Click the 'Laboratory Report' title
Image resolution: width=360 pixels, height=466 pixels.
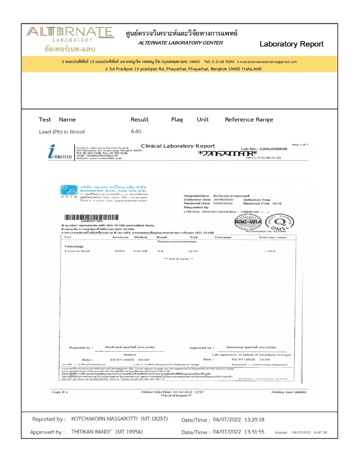pos(291,44)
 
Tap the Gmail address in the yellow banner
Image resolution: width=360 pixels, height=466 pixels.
pos(266,62)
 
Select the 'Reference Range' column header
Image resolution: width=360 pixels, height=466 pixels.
pos(249,120)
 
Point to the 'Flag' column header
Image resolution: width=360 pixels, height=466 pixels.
pos(177,120)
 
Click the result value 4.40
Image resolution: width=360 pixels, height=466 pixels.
pos(135,132)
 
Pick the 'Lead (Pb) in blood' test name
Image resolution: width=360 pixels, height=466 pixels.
pos(62,132)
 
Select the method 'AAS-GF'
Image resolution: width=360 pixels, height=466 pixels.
pos(140,251)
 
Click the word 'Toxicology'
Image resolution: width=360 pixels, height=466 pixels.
pos(74,246)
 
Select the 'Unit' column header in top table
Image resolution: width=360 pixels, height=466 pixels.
pos(202,120)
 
